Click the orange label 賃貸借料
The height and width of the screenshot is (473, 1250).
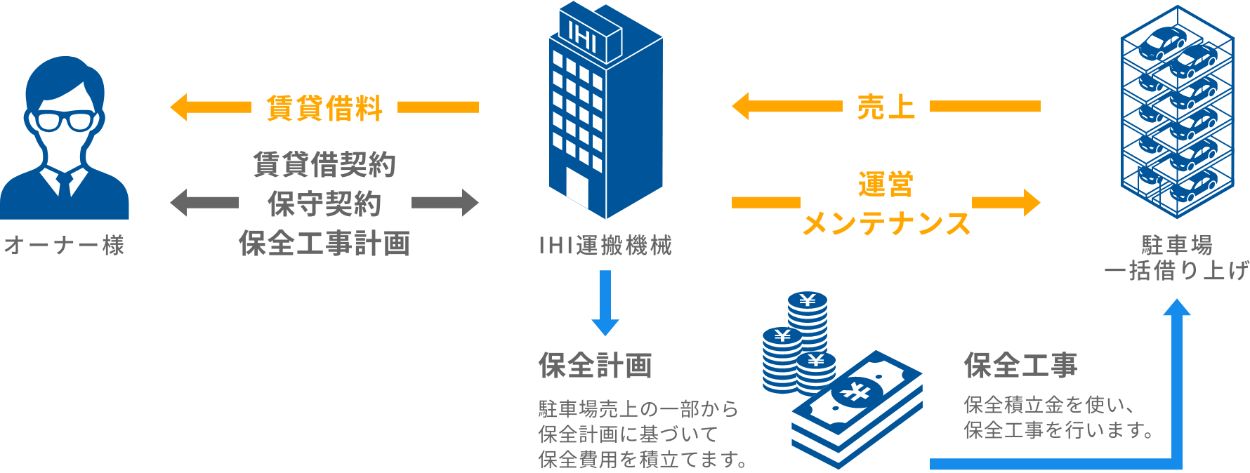click(x=324, y=108)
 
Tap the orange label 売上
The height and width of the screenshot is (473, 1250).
click(x=886, y=107)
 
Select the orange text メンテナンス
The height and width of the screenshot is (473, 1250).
click(x=886, y=224)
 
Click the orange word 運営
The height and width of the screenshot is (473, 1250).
click(x=886, y=185)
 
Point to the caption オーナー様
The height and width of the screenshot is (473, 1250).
click(x=65, y=246)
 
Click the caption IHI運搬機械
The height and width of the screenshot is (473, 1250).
click(x=605, y=246)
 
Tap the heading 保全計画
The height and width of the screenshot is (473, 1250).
click(x=596, y=366)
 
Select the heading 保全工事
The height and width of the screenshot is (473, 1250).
click(x=1021, y=366)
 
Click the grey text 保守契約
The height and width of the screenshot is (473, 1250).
click(x=324, y=204)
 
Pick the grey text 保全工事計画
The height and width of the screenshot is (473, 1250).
click(x=324, y=244)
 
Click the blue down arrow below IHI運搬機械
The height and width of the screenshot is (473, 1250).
click(x=605, y=303)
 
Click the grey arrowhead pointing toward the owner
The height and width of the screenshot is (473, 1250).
click(x=178, y=203)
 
